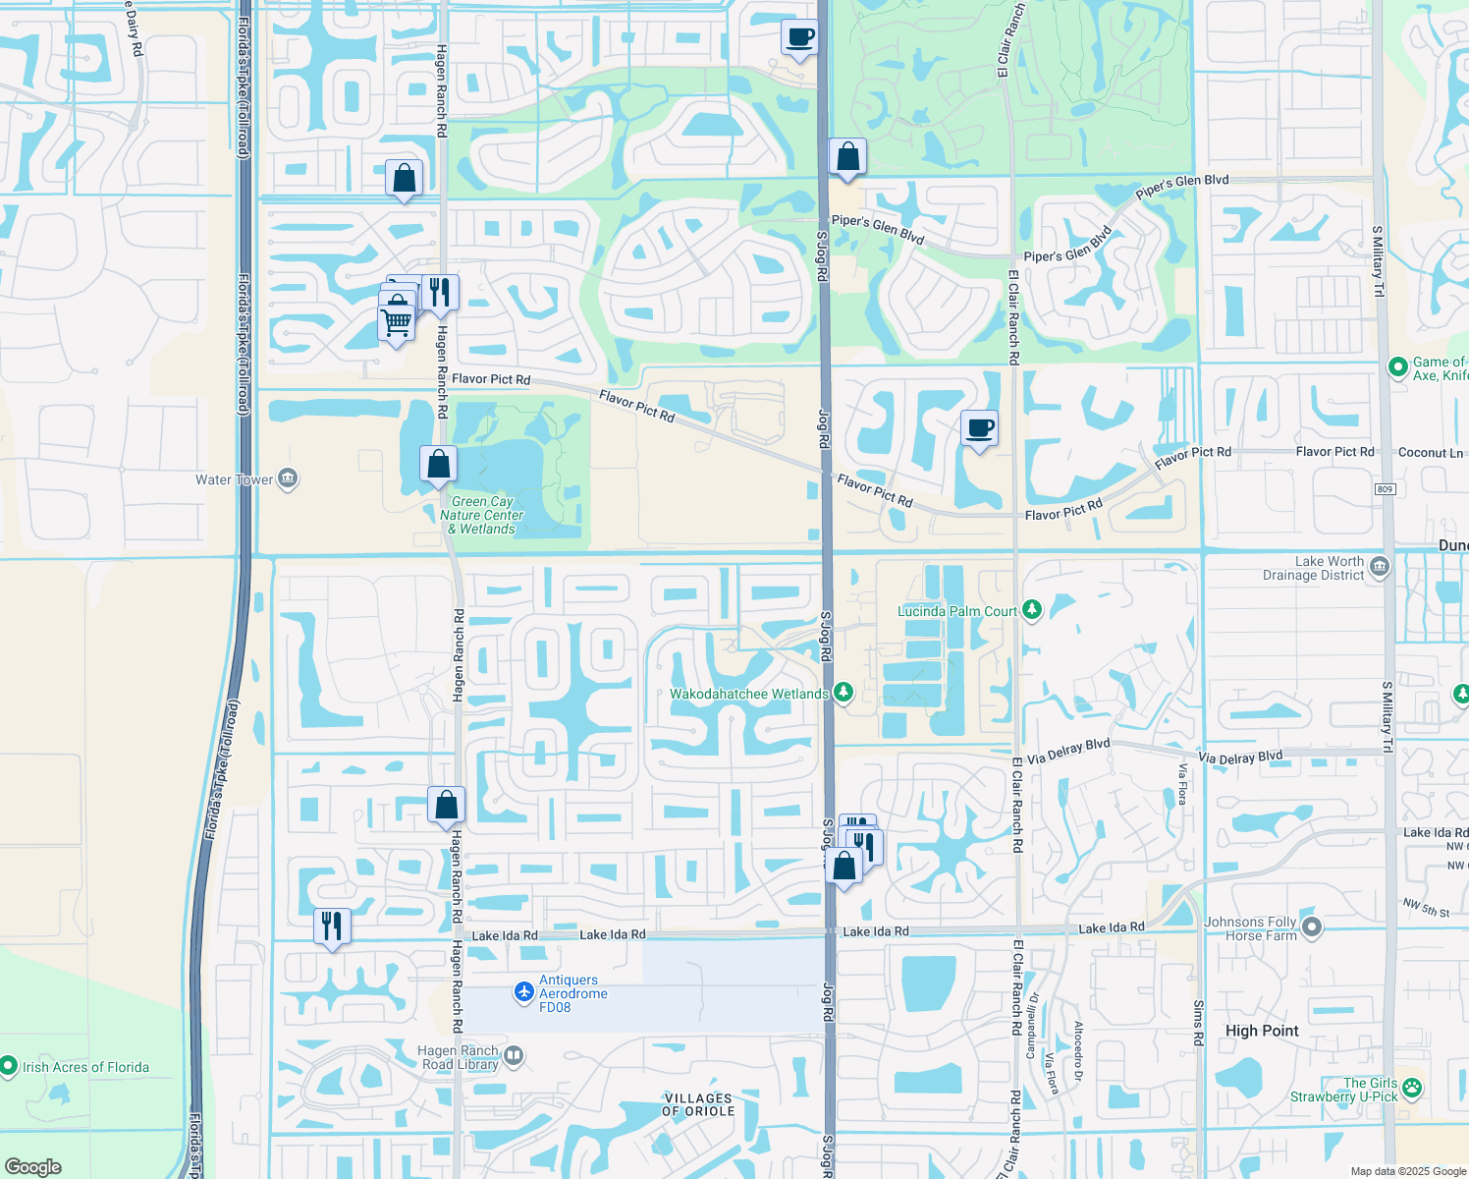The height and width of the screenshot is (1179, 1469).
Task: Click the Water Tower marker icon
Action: [x=288, y=479]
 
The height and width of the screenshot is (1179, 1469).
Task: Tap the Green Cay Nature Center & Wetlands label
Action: [x=482, y=515]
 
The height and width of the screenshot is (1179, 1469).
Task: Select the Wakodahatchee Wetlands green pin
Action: [x=843, y=694]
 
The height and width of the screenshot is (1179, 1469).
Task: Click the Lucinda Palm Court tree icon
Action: [x=1031, y=610]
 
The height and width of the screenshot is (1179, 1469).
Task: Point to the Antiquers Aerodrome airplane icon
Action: [x=524, y=993]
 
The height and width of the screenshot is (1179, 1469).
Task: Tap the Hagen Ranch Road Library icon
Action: [x=514, y=1057]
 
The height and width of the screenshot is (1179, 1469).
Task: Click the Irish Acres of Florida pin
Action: [x=9, y=1066]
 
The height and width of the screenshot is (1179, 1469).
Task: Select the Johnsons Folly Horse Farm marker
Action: [x=1312, y=927]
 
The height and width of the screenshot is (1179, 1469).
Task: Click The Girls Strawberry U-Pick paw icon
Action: [x=1412, y=1088]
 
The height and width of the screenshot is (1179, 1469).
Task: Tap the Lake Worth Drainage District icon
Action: [x=1379, y=567]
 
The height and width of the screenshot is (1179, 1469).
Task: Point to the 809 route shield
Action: [x=1386, y=489]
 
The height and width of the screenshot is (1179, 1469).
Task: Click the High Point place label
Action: [x=1262, y=1031]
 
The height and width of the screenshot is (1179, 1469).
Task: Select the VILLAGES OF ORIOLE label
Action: [x=698, y=1104]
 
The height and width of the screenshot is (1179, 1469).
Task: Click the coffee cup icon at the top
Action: [x=799, y=38]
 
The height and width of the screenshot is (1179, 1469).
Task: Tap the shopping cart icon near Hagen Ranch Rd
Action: [x=397, y=321]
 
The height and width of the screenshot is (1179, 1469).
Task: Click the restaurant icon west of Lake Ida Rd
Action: [x=332, y=926]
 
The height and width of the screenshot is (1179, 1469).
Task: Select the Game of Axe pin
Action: [x=1397, y=367]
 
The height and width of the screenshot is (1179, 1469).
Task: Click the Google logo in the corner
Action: [x=32, y=1167]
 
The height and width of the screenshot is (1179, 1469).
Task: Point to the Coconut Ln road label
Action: [x=1430, y=453]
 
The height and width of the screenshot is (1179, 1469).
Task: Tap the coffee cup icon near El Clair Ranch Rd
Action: [x=979, y=428]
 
